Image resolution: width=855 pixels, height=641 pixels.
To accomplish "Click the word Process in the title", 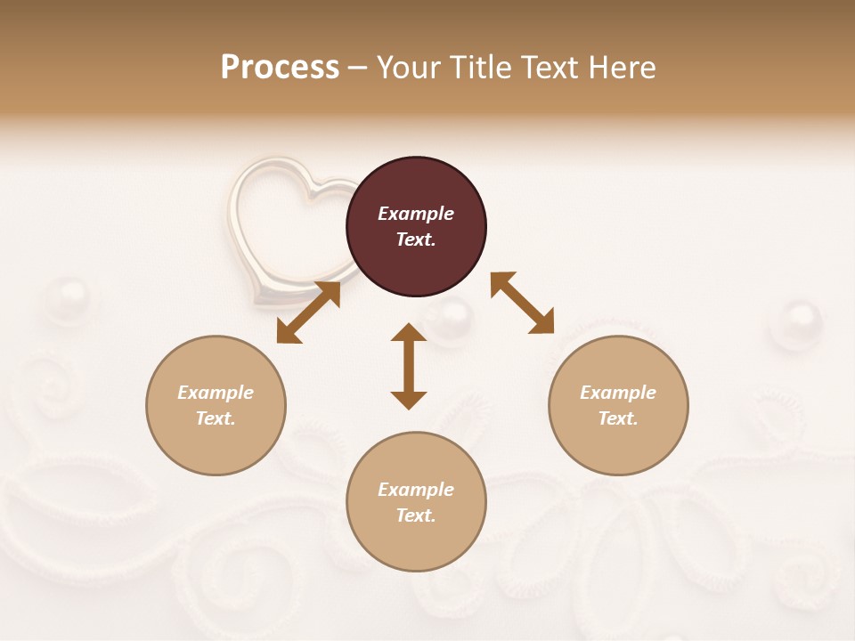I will pos(280,68).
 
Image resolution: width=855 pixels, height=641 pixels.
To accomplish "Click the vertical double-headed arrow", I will pos(409,366).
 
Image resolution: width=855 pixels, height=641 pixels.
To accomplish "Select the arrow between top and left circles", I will pos(308,312).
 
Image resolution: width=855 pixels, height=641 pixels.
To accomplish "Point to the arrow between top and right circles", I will pos(522,303).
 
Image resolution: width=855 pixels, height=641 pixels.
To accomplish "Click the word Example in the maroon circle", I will pos(416,214).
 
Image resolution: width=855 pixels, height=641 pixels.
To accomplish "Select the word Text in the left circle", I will pos(216,418).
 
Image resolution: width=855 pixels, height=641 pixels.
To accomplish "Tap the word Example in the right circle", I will pos(618,393).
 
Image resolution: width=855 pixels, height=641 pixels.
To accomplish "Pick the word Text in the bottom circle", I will pos(416,515).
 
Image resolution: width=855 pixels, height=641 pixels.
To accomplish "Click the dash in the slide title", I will pos(357,68).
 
